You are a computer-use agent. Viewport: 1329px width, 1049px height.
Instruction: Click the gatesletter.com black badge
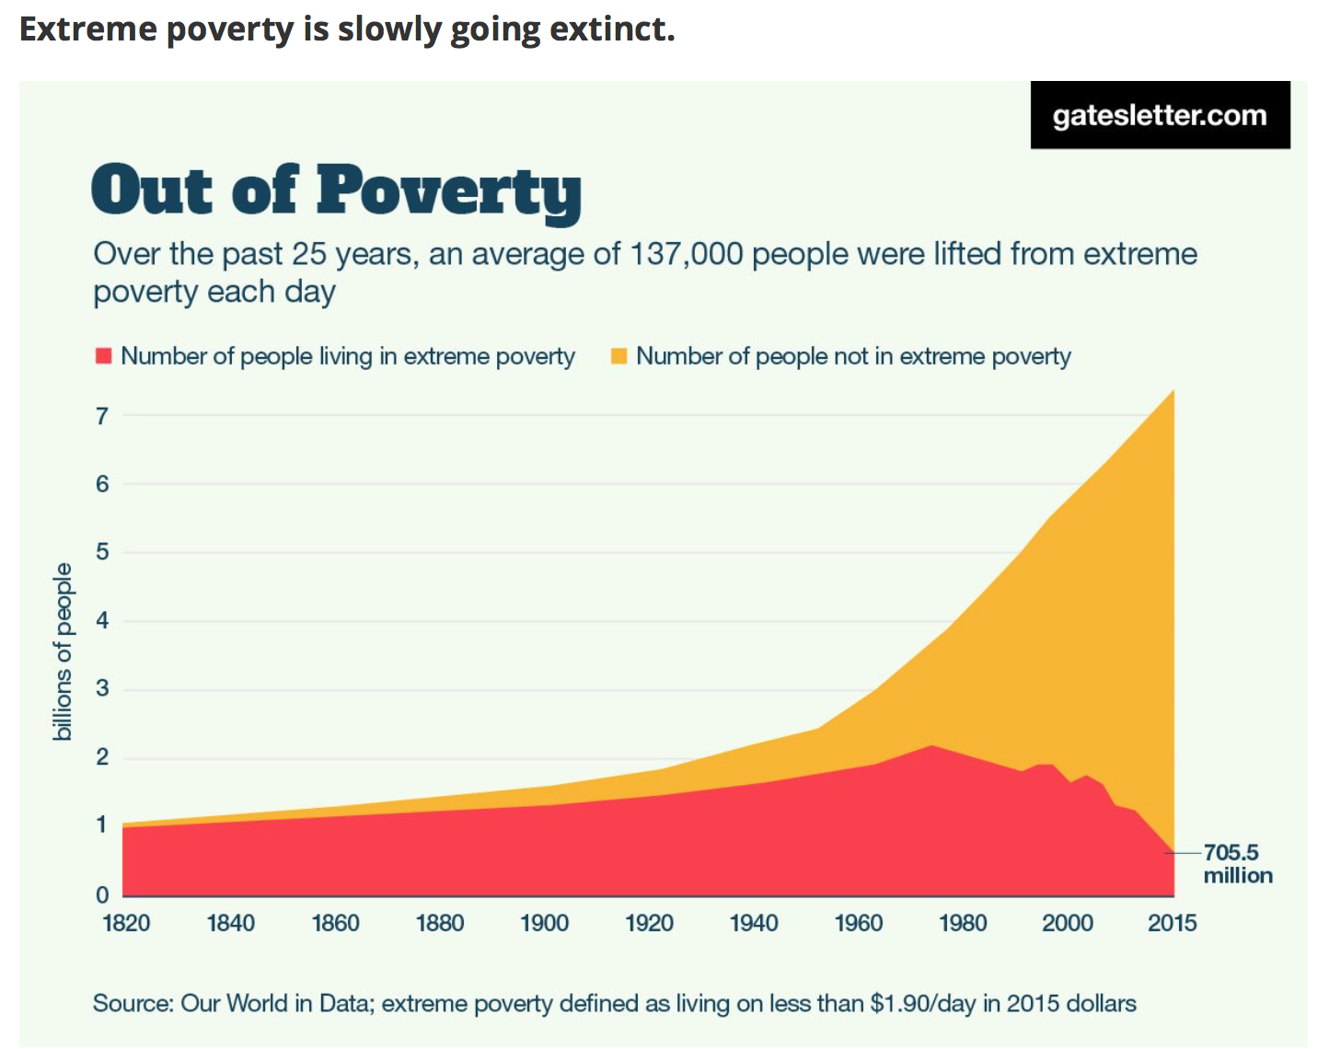(1160, 115)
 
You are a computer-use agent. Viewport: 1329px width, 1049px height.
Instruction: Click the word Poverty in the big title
(449, 191)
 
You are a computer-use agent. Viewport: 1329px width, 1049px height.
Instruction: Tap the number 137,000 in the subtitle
(686, 254)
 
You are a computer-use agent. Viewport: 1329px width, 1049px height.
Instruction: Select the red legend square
(103, 356)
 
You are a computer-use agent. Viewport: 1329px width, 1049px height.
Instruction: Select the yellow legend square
(618, 356)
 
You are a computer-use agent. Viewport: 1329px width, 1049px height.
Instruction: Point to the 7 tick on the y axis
(102, 416)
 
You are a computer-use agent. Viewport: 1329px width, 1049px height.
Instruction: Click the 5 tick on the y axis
(102, 552)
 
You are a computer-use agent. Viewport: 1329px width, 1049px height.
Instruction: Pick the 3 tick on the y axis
(102, 688)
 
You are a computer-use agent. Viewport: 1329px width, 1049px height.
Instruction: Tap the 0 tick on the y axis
(102, 894)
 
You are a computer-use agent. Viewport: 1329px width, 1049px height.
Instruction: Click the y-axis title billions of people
(63, 651)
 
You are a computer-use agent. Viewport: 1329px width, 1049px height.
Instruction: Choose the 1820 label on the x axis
(126, 923)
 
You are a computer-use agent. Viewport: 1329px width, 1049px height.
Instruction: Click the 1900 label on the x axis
(544, 923)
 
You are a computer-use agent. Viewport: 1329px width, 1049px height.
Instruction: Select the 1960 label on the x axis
(858, 923)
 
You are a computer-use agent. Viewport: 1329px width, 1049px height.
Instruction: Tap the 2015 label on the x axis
(1172, 923)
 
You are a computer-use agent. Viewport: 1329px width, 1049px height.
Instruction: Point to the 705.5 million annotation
(1237, 864)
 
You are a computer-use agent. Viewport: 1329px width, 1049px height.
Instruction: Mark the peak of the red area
(931, 745)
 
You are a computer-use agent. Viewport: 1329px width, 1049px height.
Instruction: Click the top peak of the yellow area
(1173, 391)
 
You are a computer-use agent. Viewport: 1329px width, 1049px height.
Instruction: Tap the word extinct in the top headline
(612, 29)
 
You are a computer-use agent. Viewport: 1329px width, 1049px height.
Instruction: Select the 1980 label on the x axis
(963, 923)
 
